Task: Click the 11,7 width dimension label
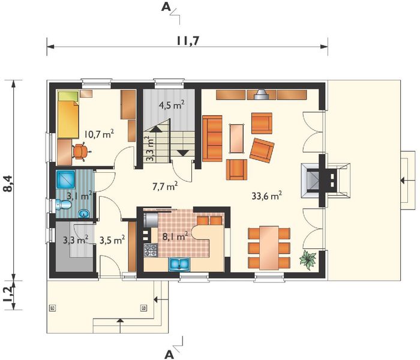pos(188,41)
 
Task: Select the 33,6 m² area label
pos(266,196)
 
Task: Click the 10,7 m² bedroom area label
pos(99,134)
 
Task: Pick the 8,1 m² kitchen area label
pos(175,236)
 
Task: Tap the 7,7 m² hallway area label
pos(165,186)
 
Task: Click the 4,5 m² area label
pos(172,105)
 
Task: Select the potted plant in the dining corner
pos(308,260)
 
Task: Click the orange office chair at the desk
pos(80,152)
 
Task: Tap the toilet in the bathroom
pos(63,205)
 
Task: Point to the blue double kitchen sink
pos(179,264)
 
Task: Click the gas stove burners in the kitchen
pos(151,250)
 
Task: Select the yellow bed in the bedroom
pos(68,115)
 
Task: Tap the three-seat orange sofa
pos(212,139)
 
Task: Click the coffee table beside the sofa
pos(237,139)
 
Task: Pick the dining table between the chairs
pos(269,248)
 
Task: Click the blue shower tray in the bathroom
pos(65,180)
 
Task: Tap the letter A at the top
pos(166,7)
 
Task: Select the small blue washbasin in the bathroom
pos(84,214)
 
